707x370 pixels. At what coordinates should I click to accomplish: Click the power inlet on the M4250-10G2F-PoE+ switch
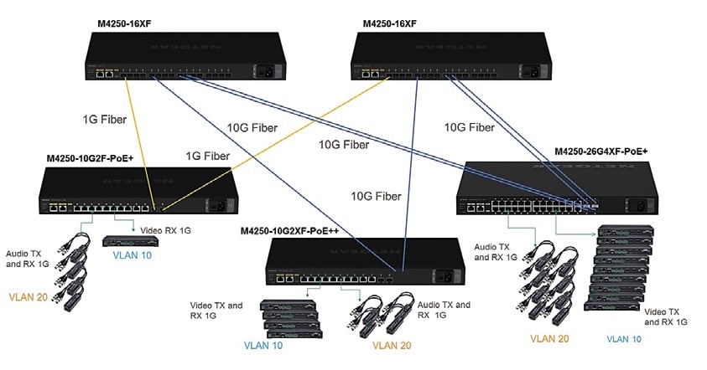[221, 202]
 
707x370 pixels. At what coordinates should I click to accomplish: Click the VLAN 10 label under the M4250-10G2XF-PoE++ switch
[264, 344]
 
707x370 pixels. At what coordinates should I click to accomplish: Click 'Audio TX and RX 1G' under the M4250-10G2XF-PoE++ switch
[444, 311]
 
